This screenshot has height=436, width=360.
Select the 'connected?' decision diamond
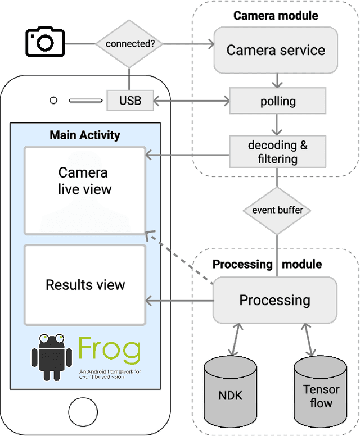tap(129, 43)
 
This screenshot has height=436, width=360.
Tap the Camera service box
tap(275, 50)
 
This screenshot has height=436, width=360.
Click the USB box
tap(130, 101)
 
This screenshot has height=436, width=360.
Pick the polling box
tap(278, 101)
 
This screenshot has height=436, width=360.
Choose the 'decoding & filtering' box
tap(278, 152)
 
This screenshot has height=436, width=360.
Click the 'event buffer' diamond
tap(277, 210)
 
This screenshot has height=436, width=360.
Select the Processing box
tap(274, 300)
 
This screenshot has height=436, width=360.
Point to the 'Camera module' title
tap(276, 15)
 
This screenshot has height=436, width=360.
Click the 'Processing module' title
tap(267, 264)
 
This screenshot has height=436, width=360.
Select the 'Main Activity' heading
tap(85, 135)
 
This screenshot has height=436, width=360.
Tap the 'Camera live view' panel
tap(84, 190)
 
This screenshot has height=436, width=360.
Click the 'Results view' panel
tap(84, 285)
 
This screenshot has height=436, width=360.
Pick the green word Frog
tap(110, 349)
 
